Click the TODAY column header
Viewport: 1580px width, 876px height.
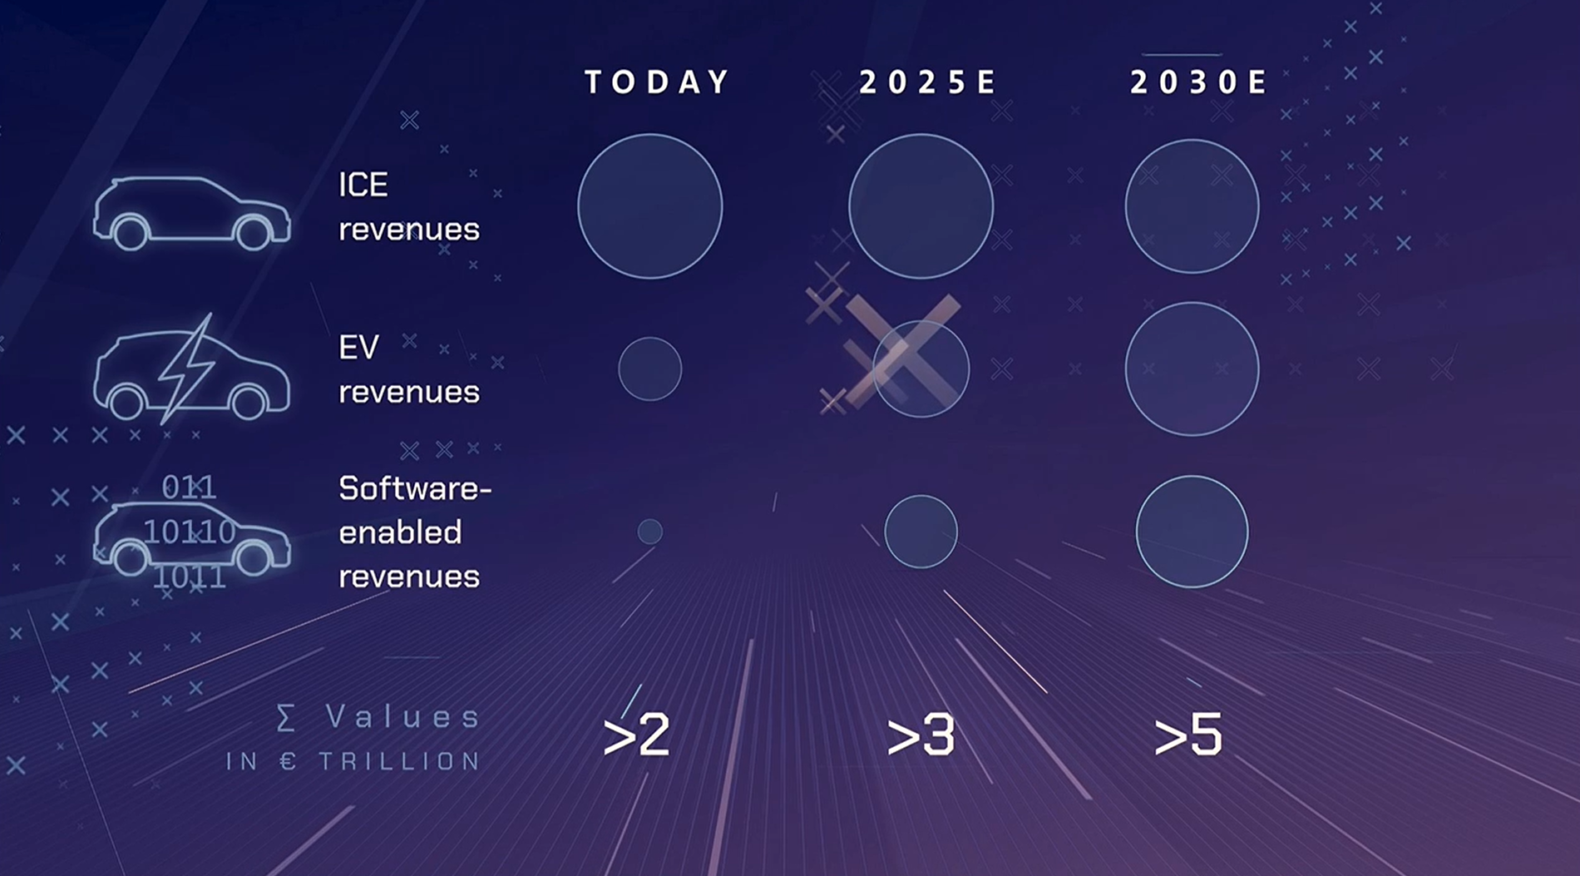point(657,82)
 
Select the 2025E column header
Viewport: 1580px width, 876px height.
point(927,82)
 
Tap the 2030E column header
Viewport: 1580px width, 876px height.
point(1198,82)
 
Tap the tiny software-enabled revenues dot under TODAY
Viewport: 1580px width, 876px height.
point(650,532)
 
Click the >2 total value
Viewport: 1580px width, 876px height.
point(636,735)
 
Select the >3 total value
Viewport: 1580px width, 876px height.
point(921,735)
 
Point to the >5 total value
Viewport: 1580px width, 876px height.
point(1188,735)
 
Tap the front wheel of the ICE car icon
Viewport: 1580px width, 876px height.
point(253,233)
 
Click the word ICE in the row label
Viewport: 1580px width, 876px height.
point(363,185)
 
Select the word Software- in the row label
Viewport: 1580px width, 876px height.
point(415,488)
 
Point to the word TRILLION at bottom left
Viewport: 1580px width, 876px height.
point(400,761)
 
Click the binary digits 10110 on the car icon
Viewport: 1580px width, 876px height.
point(190,532)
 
